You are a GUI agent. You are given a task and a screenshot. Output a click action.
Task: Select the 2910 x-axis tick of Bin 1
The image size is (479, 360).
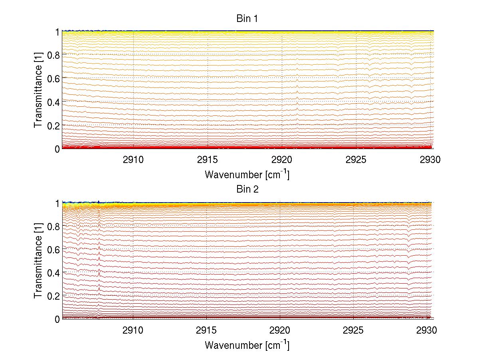(133, 160)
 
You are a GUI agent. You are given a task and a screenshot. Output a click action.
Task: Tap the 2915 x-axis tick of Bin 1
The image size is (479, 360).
(208, 160)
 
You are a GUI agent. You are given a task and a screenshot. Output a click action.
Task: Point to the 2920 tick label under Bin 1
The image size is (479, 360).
(282, 160)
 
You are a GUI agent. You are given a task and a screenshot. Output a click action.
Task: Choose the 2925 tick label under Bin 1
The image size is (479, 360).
(356, 160)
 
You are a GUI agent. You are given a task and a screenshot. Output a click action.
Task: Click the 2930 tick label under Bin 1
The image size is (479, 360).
(430, 160)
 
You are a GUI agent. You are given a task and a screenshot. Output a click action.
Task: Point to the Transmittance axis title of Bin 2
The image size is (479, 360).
(38, 261)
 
